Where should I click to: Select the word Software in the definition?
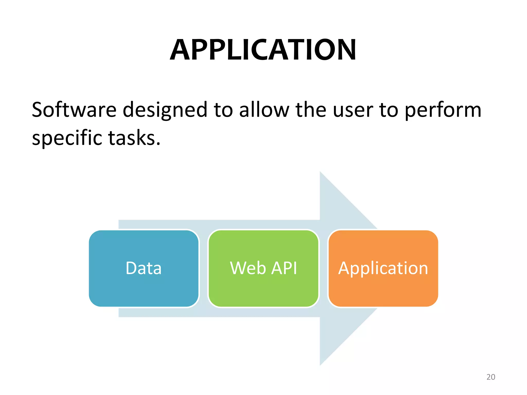pyautogui.click(x=74, y=110)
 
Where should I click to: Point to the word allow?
pyautogui.click(x=264, y=110)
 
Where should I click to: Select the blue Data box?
pyautogui.click(x=144, y=268)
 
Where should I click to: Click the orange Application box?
pyautogui.click(x=383, y=268)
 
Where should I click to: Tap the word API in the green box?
pyautogui.click(x=284, y=268)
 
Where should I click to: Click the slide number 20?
pyautogui.click(x=491, y=377)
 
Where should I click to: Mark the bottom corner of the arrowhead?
pyautogui.click(x=320, y=365)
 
